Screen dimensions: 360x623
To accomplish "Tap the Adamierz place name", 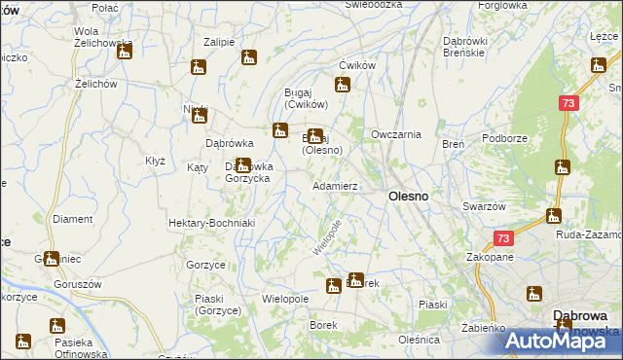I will coord(335,185).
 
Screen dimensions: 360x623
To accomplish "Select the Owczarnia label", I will coord(395,134).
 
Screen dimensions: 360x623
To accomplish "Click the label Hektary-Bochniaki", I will coord(211,223).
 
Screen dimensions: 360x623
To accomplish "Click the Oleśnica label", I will coord(419,340).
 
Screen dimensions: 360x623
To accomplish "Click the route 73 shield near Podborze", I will coord(569,103).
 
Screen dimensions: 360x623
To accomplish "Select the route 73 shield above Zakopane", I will coord(502,238).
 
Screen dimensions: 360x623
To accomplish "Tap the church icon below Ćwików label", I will coord(342,82).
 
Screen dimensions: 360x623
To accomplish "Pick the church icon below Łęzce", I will coord(598,65).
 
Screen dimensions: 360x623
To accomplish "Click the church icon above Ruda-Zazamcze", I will coord(554,215).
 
